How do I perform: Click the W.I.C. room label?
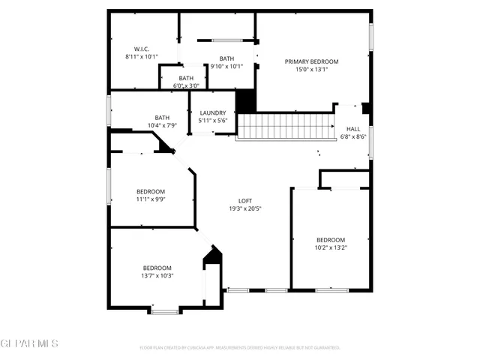[142, 48]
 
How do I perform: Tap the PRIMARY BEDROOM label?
[311, 61]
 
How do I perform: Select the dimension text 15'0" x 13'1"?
[311, 70]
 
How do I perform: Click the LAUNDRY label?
[212, 112]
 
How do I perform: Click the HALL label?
[352, 129]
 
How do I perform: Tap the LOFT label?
[244, 200]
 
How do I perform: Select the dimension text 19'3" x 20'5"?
[244, 208]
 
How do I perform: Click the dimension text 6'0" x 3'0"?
[186, 85]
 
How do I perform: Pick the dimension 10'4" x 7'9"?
[162, 125]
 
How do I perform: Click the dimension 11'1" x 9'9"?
[151, 199]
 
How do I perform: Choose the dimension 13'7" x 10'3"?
[157, 276]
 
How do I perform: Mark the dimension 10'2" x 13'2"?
[330, 247]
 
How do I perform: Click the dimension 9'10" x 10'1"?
[226, 66]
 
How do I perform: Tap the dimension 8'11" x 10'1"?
[142, 56]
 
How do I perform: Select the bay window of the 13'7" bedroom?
[164, 310]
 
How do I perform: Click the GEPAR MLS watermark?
[29, 343]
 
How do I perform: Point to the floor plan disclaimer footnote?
[240, 347]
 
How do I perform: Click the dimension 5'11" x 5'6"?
[212, 121]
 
